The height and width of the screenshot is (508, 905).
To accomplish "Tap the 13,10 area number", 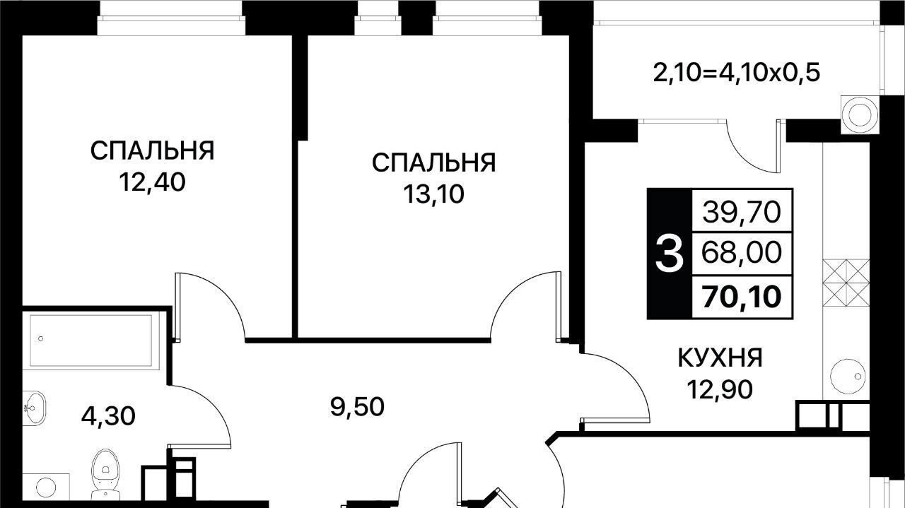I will [434, 194].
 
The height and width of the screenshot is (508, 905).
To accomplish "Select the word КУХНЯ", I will [720, 358].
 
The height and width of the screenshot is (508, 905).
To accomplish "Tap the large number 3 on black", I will [669, 254].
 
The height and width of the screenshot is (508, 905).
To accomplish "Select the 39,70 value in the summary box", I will [742, 211].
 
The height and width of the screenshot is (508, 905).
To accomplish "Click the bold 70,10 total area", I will [742, 296].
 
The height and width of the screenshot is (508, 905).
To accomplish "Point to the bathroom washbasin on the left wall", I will [33, 408].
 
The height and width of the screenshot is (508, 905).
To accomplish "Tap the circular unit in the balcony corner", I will [859, 114].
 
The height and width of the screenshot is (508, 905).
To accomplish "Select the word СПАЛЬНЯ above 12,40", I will [152, 150].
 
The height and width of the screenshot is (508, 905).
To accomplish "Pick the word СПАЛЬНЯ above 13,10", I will [434, 163].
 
